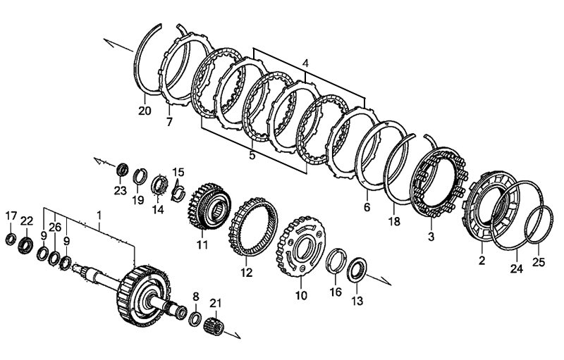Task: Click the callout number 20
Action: [145, 111]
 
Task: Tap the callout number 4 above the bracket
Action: [305, 64]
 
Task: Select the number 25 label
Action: [539, 262]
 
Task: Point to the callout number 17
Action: [11, 216]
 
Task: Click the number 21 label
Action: [216, 303]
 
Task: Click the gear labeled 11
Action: [209, 205]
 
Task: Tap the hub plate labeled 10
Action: [300, 246]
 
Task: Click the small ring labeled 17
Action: [11, 240]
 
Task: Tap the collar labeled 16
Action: [336, 261]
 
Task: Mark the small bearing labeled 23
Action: [123, 170]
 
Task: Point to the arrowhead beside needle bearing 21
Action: [236, 335]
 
